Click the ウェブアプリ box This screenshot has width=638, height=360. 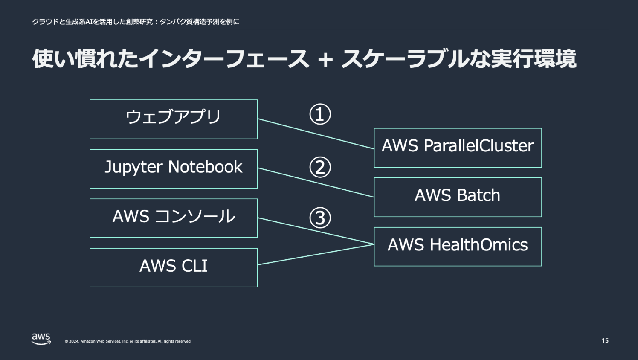[174, 119]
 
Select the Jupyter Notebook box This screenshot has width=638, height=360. [174, 168]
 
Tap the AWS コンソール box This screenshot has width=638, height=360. [174, 218]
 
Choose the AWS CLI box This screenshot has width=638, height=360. [174, 267]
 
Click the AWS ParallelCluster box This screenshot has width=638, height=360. [458, 148]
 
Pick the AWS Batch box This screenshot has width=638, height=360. [458, 197]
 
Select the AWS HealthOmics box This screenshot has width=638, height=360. [458, 247]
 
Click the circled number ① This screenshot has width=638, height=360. [320, 114]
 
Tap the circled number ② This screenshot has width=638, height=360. [320, 167]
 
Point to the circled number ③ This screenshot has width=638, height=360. [320, 218]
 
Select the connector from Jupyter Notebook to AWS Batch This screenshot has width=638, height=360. [316, 183]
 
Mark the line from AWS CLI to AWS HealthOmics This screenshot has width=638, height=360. [316, 254]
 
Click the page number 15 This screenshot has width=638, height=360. [605, 340]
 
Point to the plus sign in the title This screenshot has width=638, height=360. [325, 59]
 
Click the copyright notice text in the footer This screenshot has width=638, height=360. [128, 341]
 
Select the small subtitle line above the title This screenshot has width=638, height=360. [136, 22]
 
